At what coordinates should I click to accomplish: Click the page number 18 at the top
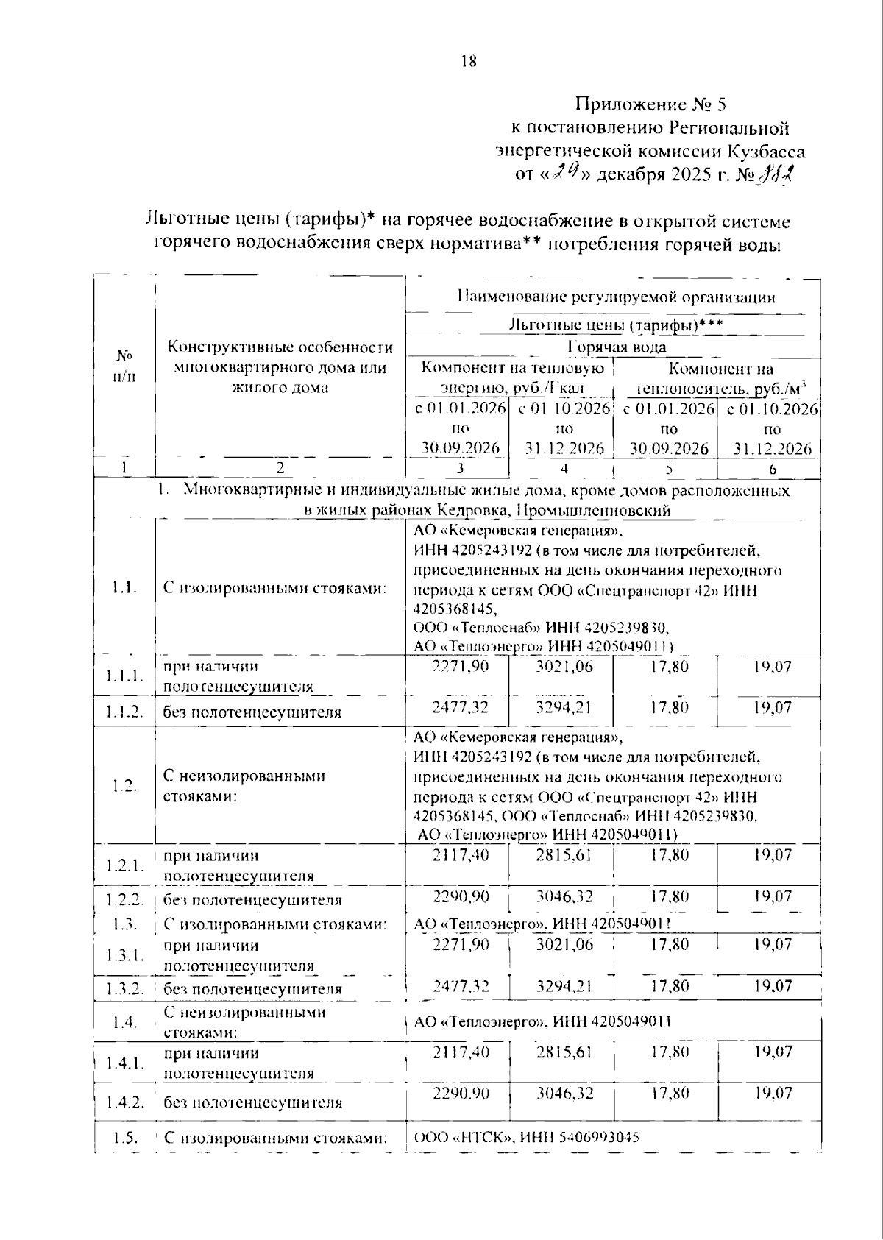click(x=469, y=61)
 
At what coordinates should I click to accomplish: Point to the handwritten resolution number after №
click(x=776, y=174)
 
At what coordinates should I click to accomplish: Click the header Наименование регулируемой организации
click(x=616, y=297)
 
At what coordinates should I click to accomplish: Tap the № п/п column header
click(x=124, y=366)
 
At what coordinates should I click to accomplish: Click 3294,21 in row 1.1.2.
click(x=564, y=707)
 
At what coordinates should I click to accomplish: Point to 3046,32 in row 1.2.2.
click(x=564, y=896)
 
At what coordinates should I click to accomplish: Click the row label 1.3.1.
click(x=124, y=955)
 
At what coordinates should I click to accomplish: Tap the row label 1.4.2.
click(x=124, y=1102)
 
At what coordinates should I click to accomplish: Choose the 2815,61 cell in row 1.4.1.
click(x=564, y=1052)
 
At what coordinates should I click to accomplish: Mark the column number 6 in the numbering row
click(x=772, y=469)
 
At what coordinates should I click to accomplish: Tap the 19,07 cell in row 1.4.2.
click(x=772, y=1093)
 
